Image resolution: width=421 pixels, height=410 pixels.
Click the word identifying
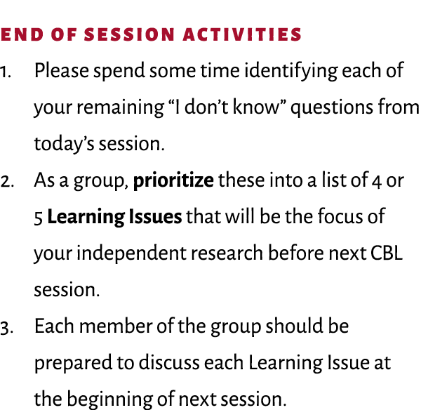(x=280, y=72)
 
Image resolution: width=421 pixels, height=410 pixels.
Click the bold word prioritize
(x=173, y=181)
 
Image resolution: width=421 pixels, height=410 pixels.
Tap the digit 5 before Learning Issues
(x=38, y=217)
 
